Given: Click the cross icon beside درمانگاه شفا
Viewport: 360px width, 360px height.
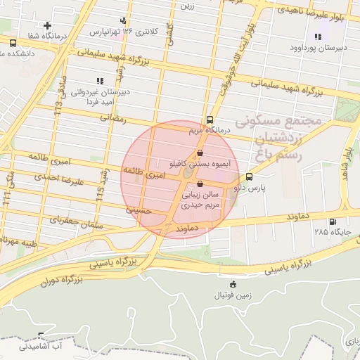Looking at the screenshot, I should tap(47, 25).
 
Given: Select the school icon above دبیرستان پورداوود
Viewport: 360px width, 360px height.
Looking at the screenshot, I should tap(317, 37).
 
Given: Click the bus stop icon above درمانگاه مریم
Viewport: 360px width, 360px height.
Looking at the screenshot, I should tap(209, 120).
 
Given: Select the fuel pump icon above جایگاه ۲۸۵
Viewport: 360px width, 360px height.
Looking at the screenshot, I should tap(325, 220).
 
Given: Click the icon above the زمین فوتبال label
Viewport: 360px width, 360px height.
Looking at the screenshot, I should tap(234, 284).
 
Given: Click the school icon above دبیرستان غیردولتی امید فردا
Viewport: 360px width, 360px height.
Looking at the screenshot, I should tap(99, 81).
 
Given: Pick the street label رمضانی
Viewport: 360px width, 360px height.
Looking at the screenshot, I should tap(112, 120).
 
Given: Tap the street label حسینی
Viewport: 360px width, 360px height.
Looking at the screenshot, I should tap(139, 209).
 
